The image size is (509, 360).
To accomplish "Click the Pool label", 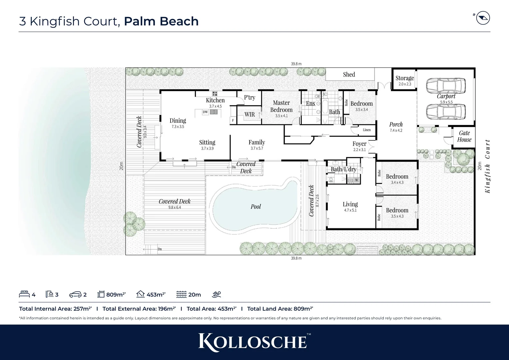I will tap(255, 207).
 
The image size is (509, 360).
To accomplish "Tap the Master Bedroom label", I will tap(281, 106).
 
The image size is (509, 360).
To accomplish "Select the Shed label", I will tap(349, 74).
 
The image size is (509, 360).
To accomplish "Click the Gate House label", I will tap(464, 136).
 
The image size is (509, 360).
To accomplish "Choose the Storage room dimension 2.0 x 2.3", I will tap(405, 84).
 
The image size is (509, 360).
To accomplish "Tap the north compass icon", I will tap(483, 18).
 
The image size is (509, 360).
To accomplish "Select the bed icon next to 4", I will tap(24, 294).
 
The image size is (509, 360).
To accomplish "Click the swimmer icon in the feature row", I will tap(216, 294).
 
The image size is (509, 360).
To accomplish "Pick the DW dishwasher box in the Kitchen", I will tap(205, 112).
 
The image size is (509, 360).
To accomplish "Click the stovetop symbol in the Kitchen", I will tap(215, 94).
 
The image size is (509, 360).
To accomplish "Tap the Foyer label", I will tap(359, 144).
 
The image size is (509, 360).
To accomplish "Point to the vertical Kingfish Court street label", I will tap(488, 166).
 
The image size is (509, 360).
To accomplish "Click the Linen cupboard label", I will tap(366, 130).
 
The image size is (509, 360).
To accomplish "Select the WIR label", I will tap(250, 114).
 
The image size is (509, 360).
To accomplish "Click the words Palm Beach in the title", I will tap(161, 21).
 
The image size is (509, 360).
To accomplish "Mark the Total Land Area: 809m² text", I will tap(280, 309).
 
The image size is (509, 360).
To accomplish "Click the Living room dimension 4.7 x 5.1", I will tap(350, 210).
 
